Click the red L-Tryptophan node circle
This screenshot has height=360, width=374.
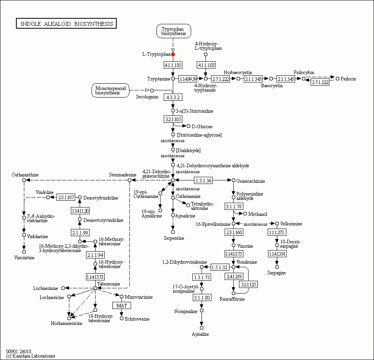pyautogui.click(x=173, y=54)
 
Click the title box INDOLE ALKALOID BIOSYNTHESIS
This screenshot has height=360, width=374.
pyautogui.click(x=67, y=24)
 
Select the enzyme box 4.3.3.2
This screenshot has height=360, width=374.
pyautogui.click(x=173, y=97)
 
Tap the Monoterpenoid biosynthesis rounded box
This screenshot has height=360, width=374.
pyautogui.click(x=108, y=90)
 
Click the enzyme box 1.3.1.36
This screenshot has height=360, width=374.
pyautogui.click(x=203, y=181)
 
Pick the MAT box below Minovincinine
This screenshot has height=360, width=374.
pyautogui.click(x=121, y=305)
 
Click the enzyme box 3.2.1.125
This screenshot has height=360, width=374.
pyautogui.click(x=248, y=284)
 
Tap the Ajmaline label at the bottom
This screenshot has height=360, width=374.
pyautogui.click(x=200, y=334)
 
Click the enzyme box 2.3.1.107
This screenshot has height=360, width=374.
pyautogui.click(x=66, y=197)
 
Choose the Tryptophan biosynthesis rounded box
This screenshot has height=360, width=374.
pyautogui.click(x=173, y=31)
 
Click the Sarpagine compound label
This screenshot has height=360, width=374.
pyautogui.click(x=277, y=273)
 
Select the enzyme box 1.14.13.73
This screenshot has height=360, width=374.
pyautogui.click(x=95, y=277)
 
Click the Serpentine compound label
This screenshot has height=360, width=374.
pyautogui.click(x=174, y=238)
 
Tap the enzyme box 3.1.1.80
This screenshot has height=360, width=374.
pyautogui.click(x=202, y=297)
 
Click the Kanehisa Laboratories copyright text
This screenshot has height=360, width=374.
pyautogui.click(x=31, y=356)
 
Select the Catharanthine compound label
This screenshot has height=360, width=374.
pyautogui.click(x=25, y=174)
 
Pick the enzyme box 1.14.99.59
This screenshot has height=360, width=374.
pyautogui.click(x=188, y=79)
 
